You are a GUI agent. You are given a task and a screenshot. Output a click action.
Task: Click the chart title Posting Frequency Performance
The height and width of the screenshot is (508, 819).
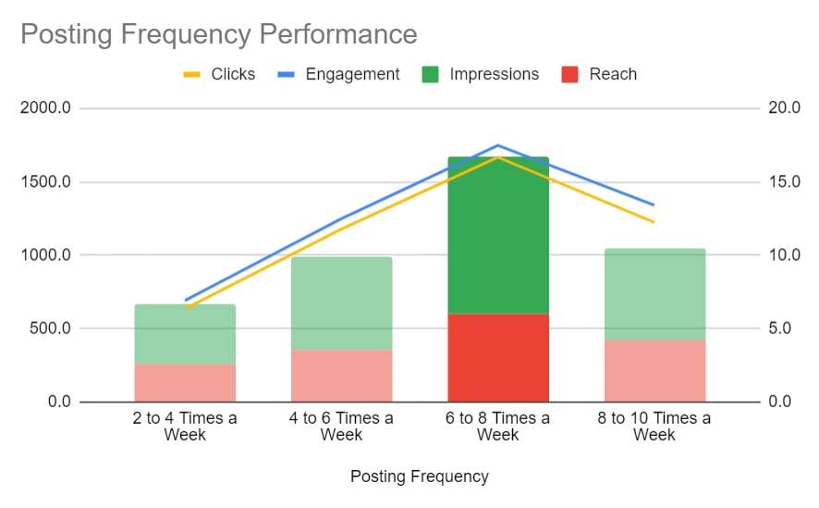pyautogui.click(x=218, y=35)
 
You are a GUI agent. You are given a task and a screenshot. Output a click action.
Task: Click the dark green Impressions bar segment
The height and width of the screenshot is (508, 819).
pyautogui.click(x=498, y=236)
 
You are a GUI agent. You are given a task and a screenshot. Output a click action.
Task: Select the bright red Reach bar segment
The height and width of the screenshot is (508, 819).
pyautogui.click(x=498, y=357)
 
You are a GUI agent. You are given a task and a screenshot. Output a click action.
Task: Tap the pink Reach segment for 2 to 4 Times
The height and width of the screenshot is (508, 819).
pyautogui.click(x=185, y=382)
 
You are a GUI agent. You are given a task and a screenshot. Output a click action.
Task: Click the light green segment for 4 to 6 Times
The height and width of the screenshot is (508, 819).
pyautogui.click(x=341, y=304)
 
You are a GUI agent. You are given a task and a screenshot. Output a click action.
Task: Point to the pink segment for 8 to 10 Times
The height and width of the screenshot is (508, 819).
pyautogui.click(x=654, y=370)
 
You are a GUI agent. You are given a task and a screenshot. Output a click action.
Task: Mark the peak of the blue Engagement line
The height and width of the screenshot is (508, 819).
pyautogui.click(x=497, y=145)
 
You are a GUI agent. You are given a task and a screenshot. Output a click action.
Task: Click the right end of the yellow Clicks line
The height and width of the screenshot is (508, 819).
pyautogui.click(x=654, y=222)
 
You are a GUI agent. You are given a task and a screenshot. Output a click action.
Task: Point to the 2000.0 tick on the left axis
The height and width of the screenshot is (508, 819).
pyautogui.click(x=46, y=108)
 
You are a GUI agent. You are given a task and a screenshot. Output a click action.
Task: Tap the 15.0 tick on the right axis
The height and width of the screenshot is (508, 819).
pyautogui.click(x=784, y=181)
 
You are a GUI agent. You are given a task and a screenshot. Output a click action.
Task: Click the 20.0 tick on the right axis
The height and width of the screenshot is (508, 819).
pyautogui.click(x=784, y=108)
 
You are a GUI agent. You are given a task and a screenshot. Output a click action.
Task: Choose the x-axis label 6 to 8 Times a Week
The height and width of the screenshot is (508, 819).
pyautogui.click(x=498, y=427)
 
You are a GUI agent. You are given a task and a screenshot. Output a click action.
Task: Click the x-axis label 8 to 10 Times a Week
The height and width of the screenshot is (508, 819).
pyautogui.click(x=654, y=427)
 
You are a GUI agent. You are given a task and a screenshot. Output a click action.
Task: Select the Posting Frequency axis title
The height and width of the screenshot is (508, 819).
pyautogui.click(x=420, y=477)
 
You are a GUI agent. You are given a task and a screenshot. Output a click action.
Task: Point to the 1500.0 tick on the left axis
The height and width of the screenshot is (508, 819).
pyautogui.click(x=46, y=181)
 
